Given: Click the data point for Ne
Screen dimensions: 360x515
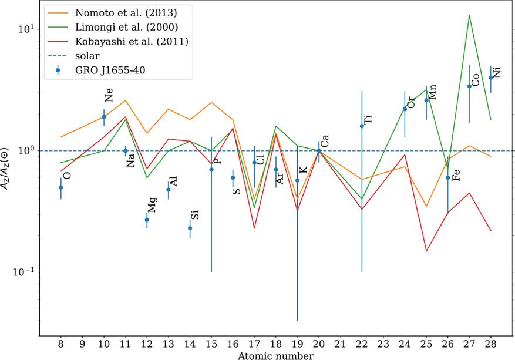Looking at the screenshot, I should [x=104, y=117].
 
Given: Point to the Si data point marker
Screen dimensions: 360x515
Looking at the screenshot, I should [x=190, y=228].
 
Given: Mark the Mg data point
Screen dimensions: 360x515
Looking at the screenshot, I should [x=147, y=220].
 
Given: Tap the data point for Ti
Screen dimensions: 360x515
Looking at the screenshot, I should [x=362, y=126].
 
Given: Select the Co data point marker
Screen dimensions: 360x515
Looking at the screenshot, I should [x=469, y=86].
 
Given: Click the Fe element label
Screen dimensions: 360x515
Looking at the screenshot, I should [x=456, y=174].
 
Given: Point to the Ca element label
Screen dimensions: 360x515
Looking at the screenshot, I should [x=324, y=140].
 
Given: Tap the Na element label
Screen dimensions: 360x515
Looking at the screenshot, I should [x=130, y=160].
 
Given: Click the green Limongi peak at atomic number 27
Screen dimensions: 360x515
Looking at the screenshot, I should [x=469, y=16].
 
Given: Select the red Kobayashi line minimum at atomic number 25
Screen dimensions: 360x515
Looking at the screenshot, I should [x=426, y=251].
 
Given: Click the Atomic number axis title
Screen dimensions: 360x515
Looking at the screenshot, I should [x=275, y=355].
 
